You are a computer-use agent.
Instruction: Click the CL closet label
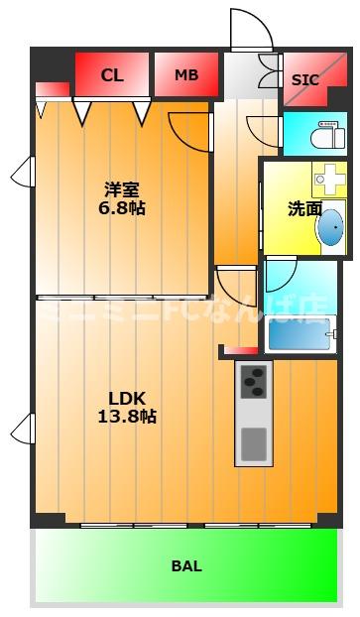112,74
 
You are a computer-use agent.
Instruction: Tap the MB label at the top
185,74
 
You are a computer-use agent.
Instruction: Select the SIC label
305,79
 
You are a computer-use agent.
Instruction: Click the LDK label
127,398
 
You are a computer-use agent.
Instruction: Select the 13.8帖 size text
127,417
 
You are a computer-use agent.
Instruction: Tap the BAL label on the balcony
186,566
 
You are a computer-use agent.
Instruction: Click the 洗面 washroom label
304,208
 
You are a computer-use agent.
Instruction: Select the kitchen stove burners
253,381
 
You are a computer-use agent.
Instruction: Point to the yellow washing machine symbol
326,179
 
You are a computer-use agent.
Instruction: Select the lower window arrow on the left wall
22,429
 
